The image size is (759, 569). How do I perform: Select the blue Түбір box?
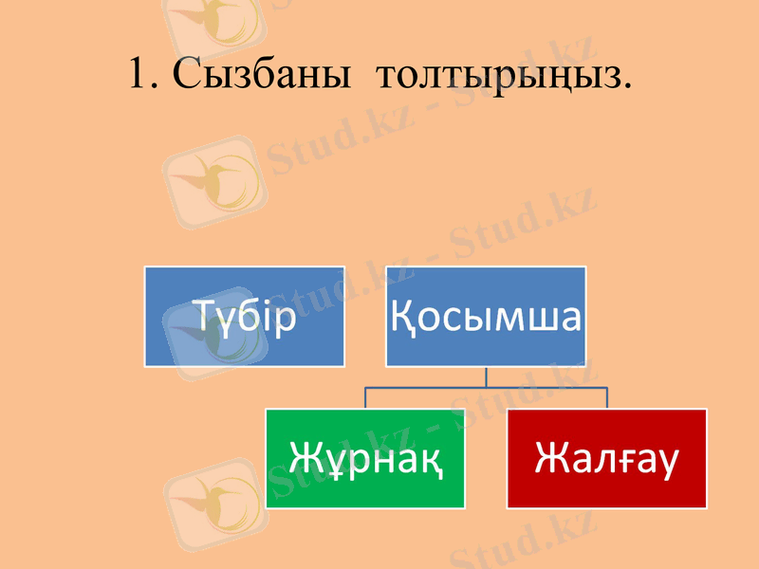[x=244, y=316]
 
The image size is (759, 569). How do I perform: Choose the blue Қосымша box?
[x=485, y=316]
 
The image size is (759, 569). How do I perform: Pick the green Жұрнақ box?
[x=365, y=458]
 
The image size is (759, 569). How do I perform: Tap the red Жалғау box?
[x=607, y=458]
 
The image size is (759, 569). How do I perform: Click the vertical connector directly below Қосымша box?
[x=486, y=376]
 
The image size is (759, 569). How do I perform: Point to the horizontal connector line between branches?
[x=486, y=388]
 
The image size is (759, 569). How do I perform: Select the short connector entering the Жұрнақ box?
[x=366, y=398]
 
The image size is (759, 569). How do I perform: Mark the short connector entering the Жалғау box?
[x=607, y=398]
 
